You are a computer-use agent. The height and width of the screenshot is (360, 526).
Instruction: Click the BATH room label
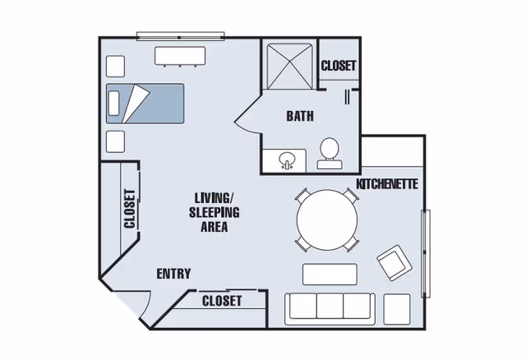tap(300, 116)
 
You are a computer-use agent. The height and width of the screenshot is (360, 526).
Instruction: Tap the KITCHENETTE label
tap(387, 184)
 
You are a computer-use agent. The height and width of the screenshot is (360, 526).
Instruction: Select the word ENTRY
tap(173, 274)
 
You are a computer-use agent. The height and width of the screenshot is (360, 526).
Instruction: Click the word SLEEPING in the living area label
tap(215, 212)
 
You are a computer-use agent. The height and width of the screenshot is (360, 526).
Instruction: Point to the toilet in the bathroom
tap(330, 154)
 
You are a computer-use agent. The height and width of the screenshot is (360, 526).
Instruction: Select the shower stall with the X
tap(289, 67)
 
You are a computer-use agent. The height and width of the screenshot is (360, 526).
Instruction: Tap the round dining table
tap(327, 219)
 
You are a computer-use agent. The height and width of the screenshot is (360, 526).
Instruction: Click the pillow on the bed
tap(113, 104)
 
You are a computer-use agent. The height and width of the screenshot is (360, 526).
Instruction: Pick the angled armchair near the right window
tap(394, 263)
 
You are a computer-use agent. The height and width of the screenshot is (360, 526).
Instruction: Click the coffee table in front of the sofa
tap(330, 275)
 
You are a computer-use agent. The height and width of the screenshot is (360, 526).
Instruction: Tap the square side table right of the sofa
tap(397, 309)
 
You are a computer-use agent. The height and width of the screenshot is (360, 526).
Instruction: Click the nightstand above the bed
tap(115, 66)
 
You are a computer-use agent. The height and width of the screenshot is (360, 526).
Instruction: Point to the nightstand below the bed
tap(115, 141)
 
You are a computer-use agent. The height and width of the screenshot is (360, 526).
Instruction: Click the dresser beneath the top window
tap(180, 56)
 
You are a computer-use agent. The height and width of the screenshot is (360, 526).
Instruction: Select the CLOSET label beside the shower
tap(338, 66)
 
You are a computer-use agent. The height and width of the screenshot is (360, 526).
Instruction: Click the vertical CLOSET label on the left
tap(130, 209)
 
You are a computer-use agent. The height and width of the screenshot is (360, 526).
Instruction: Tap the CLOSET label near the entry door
tap(222, 301)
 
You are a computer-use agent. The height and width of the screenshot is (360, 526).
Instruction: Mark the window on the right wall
tap(426, 254)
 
